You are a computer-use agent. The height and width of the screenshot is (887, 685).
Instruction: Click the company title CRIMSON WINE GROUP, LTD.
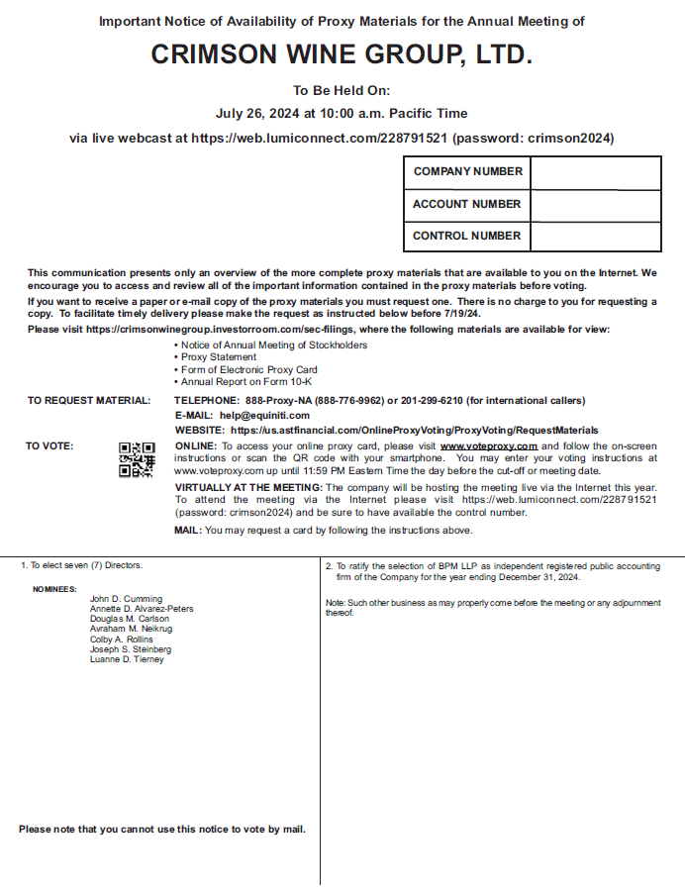tap(342, 54)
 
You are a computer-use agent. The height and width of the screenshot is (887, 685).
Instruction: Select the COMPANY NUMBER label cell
tap(467, 171)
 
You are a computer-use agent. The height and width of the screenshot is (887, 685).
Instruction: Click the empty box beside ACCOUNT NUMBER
tap(595, 204)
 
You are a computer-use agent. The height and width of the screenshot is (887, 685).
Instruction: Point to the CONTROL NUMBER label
tap(466, 236)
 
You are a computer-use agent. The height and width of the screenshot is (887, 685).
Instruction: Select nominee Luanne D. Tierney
tap(127, 659)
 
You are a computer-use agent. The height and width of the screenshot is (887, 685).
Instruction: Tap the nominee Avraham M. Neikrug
tap(131, 630)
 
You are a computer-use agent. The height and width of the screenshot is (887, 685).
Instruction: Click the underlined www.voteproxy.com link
tap(488, 446)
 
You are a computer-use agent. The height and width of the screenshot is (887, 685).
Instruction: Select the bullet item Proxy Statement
tap(219, 357)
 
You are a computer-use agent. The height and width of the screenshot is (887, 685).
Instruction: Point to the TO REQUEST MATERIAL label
tap(89, 401)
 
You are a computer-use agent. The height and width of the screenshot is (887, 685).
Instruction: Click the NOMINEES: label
tap(54, 589)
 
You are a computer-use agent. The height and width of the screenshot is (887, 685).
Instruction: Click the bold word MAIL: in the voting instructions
tap(188, 531)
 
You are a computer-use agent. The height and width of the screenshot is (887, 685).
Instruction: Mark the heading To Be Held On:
tap(342, 90)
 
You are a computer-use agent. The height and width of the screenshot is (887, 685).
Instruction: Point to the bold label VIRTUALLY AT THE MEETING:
tap(248, 488)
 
